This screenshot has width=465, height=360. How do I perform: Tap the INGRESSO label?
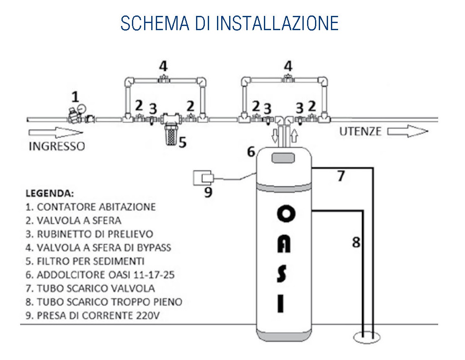point(57,147)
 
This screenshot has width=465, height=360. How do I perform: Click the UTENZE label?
point(361,131)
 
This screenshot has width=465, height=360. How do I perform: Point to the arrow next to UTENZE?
point(408,131)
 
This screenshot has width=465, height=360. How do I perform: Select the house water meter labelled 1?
point(75,116)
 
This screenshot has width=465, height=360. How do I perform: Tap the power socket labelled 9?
point(203,177)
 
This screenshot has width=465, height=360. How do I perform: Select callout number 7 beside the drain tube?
point(341,176)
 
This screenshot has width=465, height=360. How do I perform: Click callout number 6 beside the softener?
point(251,152)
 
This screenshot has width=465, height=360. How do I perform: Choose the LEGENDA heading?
point(50,194)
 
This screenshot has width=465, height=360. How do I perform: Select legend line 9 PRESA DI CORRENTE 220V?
point(93,315)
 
